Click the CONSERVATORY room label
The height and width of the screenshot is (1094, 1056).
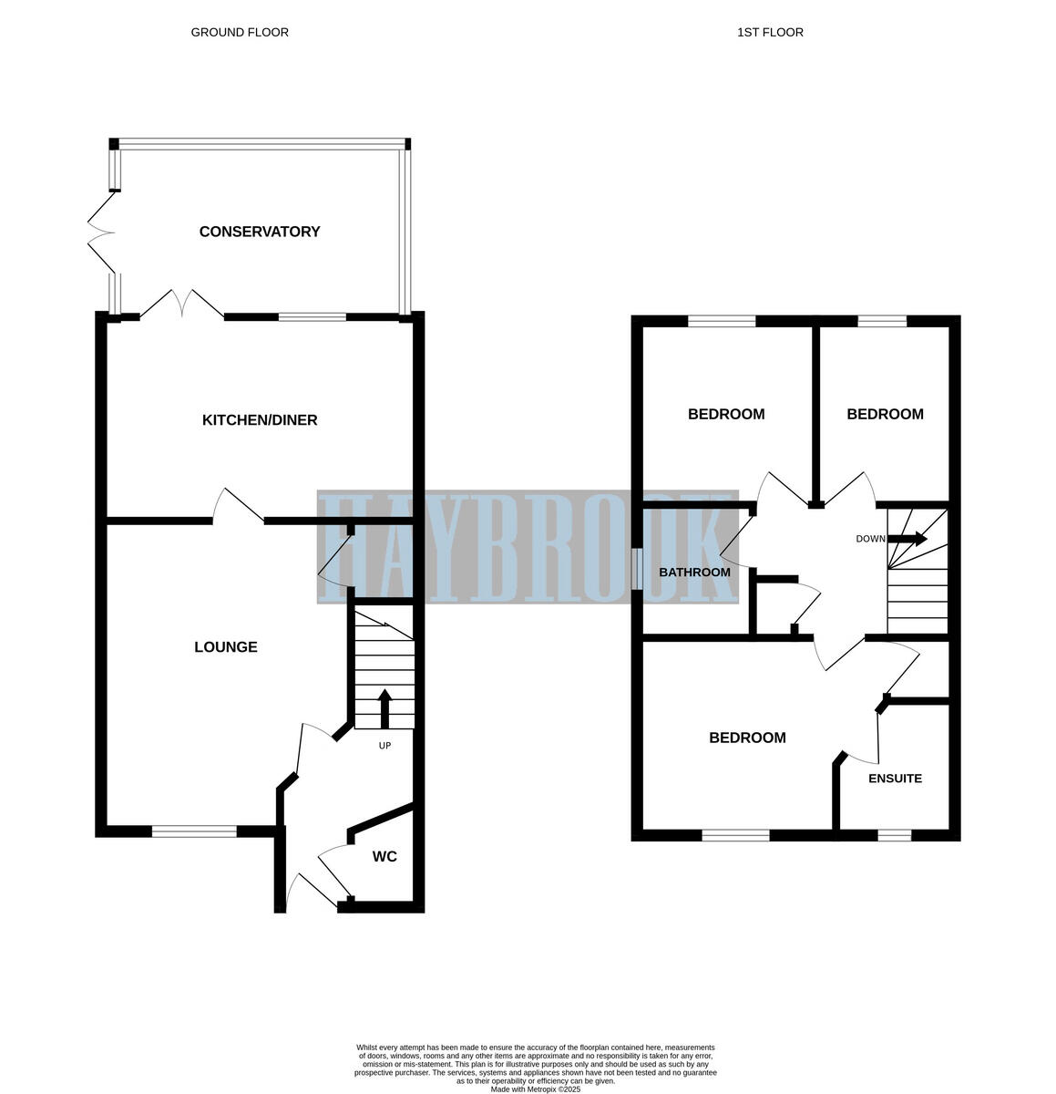[x=260, y=232]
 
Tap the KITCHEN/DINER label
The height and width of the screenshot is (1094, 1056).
[x=260, y=420]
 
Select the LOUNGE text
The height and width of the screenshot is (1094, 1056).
[x=226, y=647]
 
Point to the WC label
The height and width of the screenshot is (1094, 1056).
[x=384, y=857]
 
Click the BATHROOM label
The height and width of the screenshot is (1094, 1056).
[x=694, y=573]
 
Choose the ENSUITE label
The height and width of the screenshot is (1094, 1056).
[x=895, y=779]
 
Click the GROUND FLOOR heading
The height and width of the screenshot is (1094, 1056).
[x=240, y=32]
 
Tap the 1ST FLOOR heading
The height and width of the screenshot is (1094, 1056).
[x=770, y=32]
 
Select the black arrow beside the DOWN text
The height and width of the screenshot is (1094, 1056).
[x=907, y=539]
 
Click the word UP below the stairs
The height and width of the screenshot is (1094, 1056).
[x=384, y=746]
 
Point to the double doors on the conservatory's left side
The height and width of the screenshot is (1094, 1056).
[x=100, y=232]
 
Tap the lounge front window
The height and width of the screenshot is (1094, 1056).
[x=194, y=831]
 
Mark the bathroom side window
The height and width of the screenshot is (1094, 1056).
[x=637, y=572]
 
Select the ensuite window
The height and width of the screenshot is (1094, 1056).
[x=894, y=834]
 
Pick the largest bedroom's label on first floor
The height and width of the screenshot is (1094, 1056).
[x=747, y=738]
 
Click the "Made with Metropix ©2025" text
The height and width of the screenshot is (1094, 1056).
[x=535, y=1089]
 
